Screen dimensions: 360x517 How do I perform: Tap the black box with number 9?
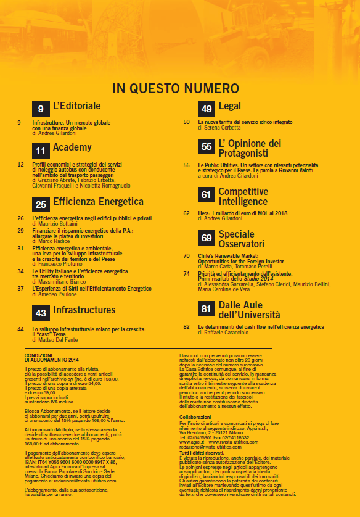(x=40, y=109)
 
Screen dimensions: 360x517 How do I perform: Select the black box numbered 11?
(x=40, y=150)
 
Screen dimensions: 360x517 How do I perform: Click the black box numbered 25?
(x=40, y=204)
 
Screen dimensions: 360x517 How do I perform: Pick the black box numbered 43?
(x=40, y=313)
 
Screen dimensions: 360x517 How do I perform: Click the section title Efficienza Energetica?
(x=98, y=202)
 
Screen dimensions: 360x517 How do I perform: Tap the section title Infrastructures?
(x=84, y=310)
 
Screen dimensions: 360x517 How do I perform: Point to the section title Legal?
(x=229, y=107)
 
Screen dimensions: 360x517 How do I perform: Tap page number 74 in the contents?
(x=187, y=273)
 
